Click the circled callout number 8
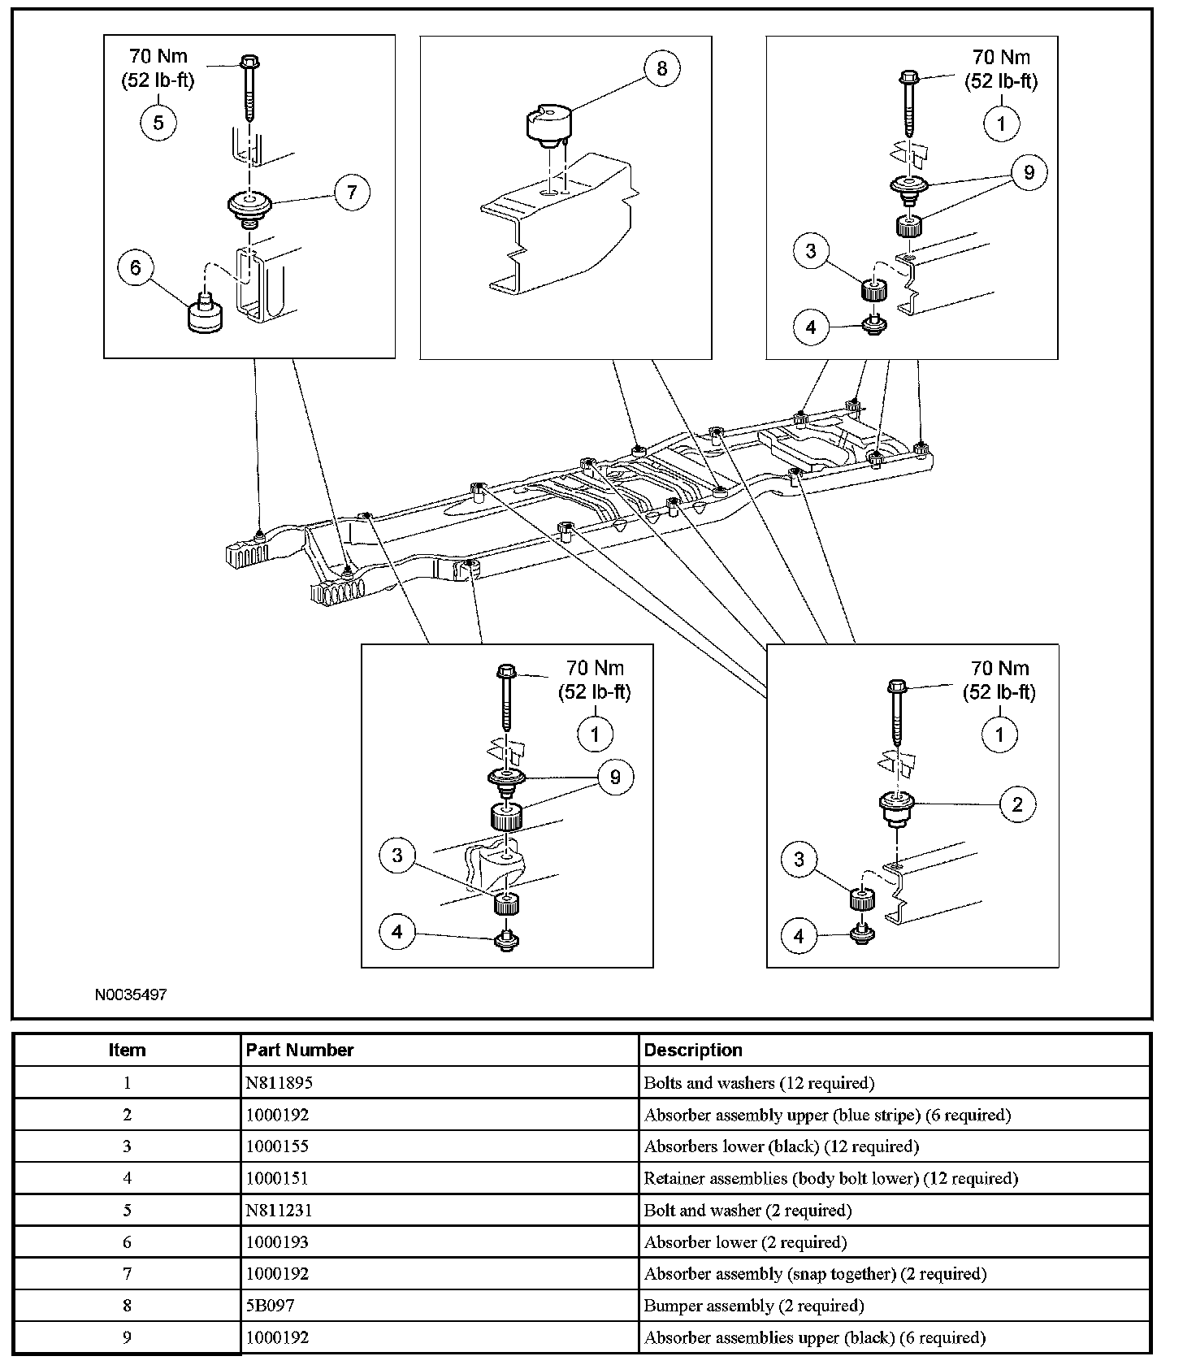(661, 69)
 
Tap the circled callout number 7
(351, 193)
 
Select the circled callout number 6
(136, 268)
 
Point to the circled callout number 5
(158, 122)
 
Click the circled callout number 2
(1016, 804)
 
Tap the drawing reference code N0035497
(131, 994)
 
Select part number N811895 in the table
(279, 1083)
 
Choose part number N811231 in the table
(279, 1211)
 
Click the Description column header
(692, 1051)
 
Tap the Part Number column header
(299, 1051)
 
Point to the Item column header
(127, 1051)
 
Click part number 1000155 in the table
(277, 1146)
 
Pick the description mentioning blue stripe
(826, 1115)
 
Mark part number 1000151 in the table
(277, 1178)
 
